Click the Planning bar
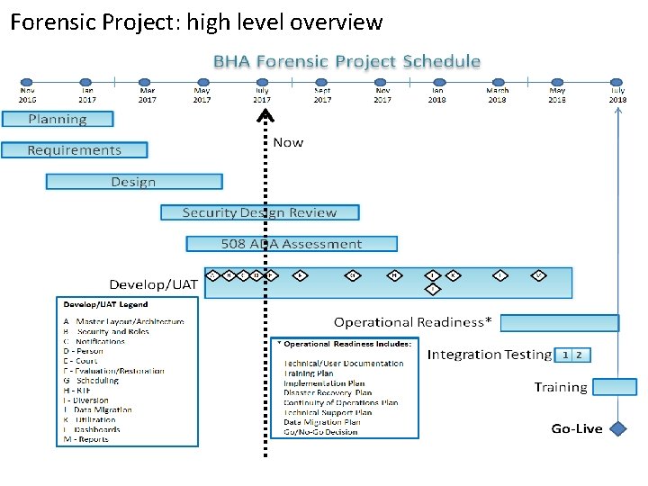58,119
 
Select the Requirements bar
74,150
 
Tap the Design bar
133,182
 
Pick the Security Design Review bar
259,212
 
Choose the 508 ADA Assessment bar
292,244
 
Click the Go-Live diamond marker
618,428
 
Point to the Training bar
615,387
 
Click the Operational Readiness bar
559,322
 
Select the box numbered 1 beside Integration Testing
565,355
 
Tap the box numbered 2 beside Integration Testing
580,355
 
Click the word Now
288,142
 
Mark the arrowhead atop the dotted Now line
263,114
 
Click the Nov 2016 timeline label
28,94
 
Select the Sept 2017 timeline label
322,94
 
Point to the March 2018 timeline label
498,94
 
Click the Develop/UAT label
154,284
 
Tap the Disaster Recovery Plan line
328,393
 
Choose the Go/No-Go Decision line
320,432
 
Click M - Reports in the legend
86,439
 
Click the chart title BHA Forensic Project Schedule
346,61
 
